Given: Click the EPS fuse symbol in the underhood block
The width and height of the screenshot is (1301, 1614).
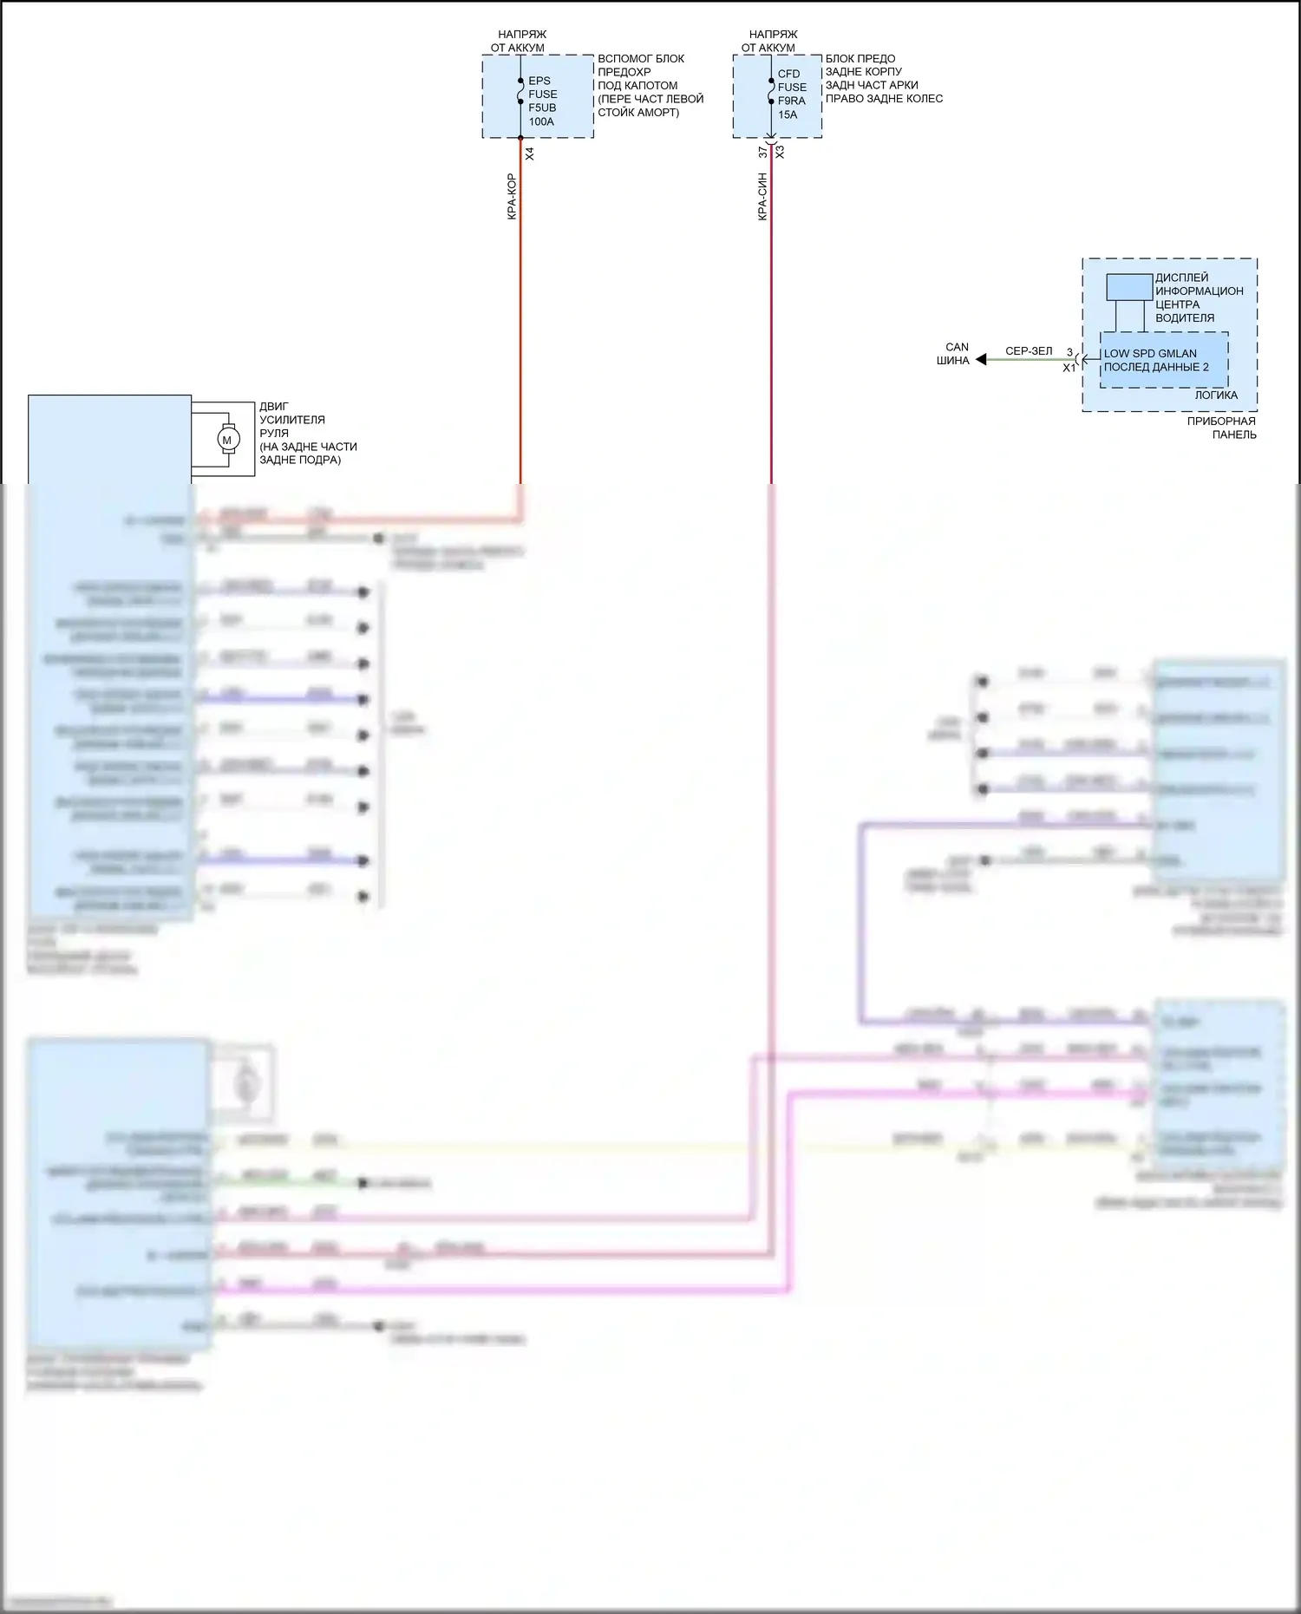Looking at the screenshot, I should (x=520, y=91).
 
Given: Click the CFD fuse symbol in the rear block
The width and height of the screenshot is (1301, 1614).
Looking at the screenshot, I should (x=771, y=91).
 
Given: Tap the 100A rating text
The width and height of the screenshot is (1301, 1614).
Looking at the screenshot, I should (x=541, y=122).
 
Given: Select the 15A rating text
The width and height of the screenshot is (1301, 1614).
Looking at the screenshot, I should (x=788, y=114).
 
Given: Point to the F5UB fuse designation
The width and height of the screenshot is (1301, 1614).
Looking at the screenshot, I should (x=542, y=108).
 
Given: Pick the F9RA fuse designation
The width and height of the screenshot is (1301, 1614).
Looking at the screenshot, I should (x=791, y=101).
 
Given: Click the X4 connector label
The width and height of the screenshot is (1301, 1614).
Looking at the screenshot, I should (x=530, y=154).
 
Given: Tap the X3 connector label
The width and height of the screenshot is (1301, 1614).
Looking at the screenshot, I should (x=780, y=152).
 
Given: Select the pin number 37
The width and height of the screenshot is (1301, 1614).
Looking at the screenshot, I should (x=762, y=152).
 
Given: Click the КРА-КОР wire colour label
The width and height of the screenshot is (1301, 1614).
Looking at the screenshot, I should (x=512, y=196).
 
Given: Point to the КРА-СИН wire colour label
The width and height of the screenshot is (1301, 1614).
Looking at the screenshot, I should (x=762, y=196).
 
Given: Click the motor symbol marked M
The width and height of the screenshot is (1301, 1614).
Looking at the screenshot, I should (x=227, y=440).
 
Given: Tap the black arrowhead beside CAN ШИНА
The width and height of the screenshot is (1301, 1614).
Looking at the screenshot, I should (x=981, y=359).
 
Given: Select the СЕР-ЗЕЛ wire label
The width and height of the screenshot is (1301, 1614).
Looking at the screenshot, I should (x=1029, y=351).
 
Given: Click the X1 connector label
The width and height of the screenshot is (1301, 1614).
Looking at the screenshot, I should (x=1069, y=368).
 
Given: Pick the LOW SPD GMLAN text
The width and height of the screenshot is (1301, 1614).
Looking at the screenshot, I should (x=1150, y=354).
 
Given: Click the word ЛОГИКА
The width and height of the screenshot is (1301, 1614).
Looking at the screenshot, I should (x=1216, y=395).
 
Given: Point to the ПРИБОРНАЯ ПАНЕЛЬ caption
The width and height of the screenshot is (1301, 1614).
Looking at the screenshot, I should (x=1222, y=428).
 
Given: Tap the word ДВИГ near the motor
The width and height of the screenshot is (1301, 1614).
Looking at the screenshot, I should (x=274, y=406).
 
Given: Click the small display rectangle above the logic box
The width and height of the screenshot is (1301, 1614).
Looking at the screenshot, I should (x=1128, y=287).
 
